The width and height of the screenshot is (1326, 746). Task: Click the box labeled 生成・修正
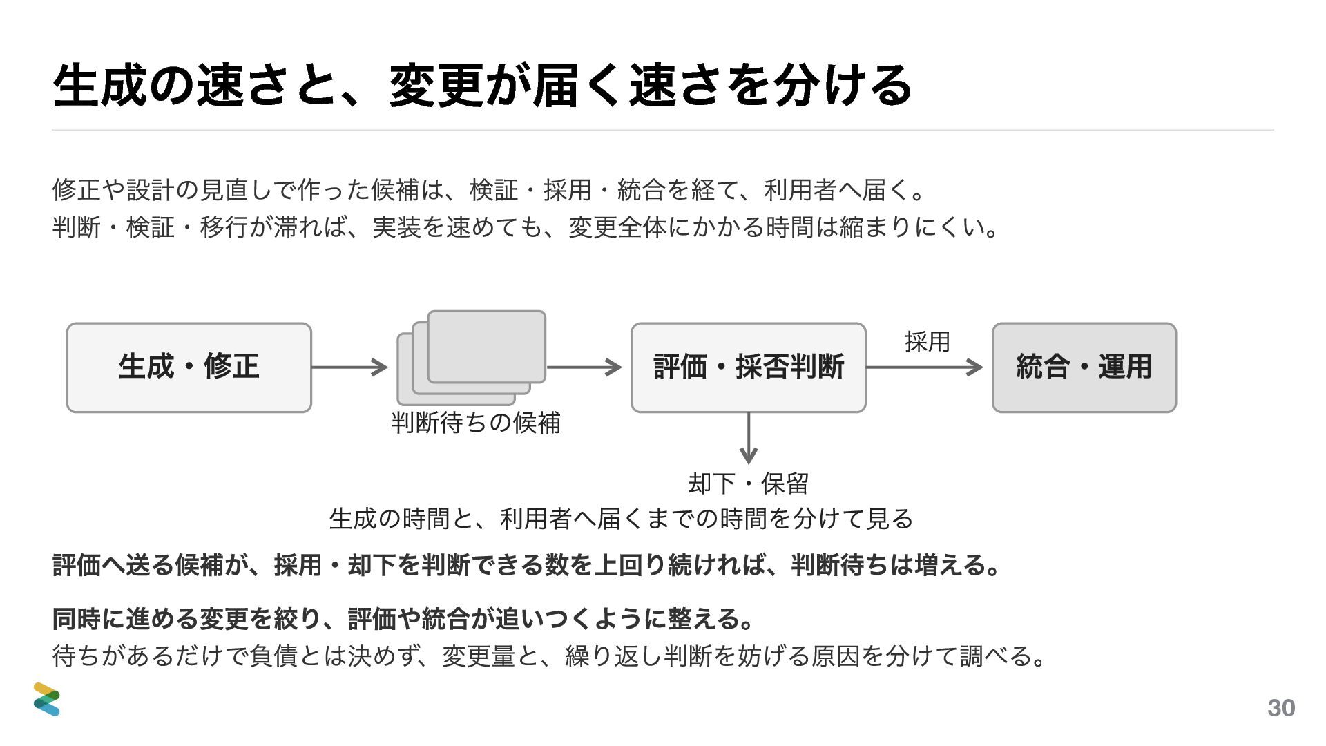[189, 367]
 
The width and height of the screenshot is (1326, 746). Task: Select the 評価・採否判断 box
[748, 367]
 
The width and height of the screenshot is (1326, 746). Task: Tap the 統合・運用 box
[1084, 367]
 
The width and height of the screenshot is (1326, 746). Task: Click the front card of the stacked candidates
[487, 347]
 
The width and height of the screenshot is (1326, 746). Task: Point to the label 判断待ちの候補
[476, 423]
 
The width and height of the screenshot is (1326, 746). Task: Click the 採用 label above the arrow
[927, 341]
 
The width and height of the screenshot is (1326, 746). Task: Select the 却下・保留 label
[748, 483]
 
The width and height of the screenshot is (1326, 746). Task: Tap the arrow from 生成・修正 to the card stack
[349, 367]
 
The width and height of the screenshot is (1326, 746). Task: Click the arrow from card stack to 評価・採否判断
[584, 367]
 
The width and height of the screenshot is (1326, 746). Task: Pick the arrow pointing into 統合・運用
[925, 367]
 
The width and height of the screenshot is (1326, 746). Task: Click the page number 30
[1281, 708]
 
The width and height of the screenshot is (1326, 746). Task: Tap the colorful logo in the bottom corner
[47, 699]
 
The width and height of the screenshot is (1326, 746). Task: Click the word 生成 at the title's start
[99, 86]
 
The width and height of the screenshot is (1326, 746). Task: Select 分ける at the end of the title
[843, 86]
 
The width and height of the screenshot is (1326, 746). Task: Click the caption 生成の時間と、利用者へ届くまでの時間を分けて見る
[621, 518]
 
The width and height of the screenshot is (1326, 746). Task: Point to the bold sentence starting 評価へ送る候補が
[527, 565]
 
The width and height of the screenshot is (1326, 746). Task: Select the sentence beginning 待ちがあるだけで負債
[550, 656]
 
